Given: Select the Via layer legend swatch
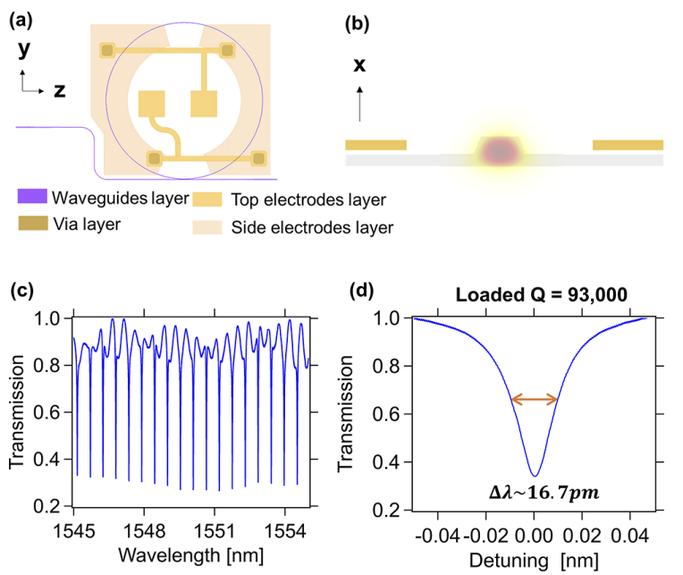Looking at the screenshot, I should coord(33,224).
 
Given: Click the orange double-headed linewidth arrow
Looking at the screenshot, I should coord(534,400).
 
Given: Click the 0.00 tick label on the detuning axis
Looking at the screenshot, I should coord(534,529).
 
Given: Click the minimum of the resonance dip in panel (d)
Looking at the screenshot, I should coord(534,476).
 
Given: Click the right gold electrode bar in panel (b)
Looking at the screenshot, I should coord(628,145).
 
